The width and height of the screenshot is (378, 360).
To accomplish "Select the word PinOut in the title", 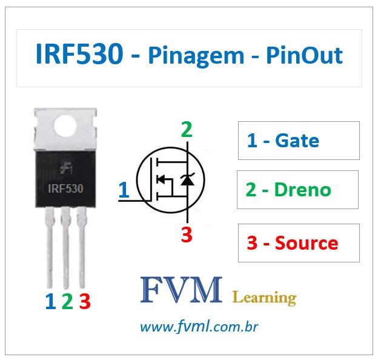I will click(304, 56).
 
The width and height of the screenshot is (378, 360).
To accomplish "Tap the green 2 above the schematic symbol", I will click(187, 130).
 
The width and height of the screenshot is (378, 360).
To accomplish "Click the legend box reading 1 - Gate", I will click(298, 141).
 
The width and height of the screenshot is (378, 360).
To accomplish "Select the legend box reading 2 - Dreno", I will click(298, 190).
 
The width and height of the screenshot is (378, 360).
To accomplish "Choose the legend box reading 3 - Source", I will click(298, 243).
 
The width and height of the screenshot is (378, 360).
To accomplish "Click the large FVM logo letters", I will click(182, 292).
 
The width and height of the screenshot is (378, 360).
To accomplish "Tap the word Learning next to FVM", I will click(264, 297).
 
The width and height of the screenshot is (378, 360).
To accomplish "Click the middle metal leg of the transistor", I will click(66, 248).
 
